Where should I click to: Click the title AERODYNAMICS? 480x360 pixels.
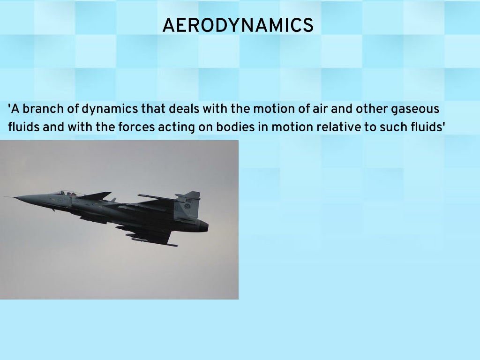click(x=238, y=25)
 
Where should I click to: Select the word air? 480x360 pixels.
click(x=320, y=109)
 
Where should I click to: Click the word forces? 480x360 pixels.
click(x=136, y=127)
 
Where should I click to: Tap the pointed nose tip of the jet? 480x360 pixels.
click(x=4, y=197)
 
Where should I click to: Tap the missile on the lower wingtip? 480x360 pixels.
click(x=154, y=242)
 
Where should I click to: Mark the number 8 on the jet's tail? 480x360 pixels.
click(x=176, y=208)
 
